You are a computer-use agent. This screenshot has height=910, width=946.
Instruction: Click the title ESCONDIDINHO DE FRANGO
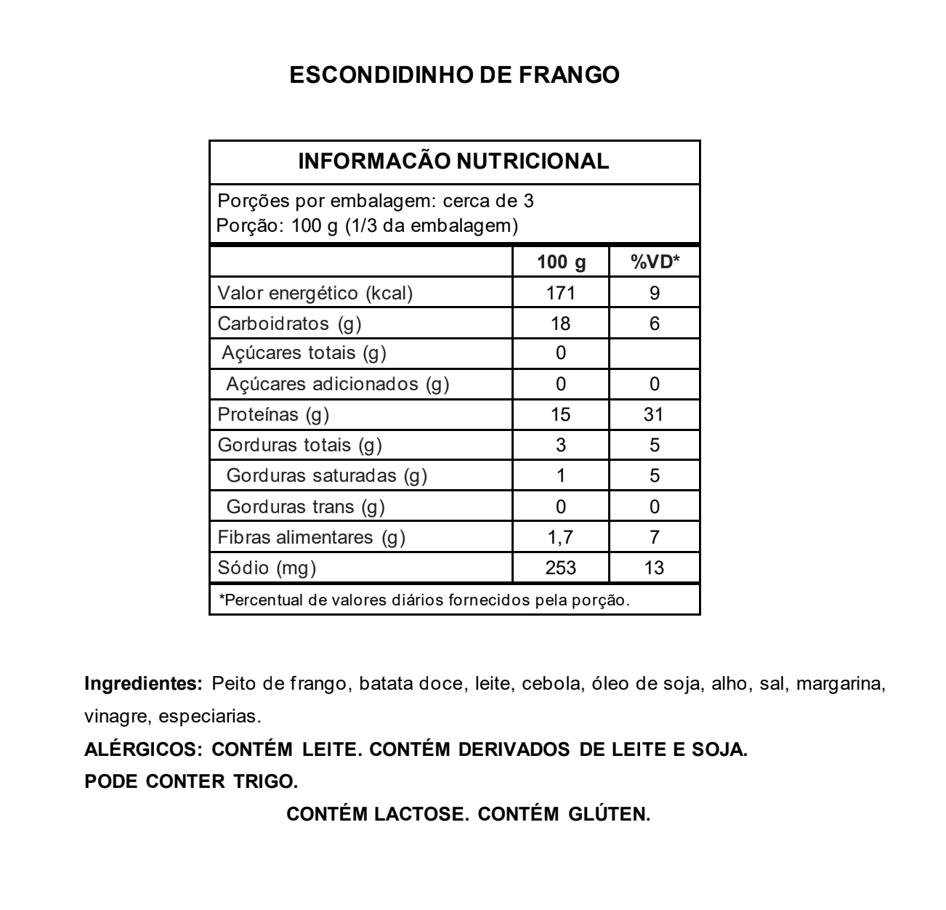pos(454,75)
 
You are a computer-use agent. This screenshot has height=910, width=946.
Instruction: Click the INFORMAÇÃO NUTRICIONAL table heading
pos(454,161)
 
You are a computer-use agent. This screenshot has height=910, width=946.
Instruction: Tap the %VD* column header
pos(654,262)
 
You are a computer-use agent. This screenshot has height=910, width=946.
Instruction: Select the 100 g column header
pos(561,262)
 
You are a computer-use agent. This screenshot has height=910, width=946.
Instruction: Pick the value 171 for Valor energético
pos(561,293)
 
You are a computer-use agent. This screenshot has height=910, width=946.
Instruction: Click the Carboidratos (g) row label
pos(289,323)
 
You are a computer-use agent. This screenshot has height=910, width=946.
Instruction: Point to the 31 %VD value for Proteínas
pos(654,414)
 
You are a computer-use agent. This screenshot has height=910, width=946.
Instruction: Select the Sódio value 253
pos(561,568)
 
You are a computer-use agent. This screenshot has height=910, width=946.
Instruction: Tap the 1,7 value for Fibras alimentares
pos(561,537)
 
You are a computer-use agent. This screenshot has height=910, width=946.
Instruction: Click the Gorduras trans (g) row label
pos(305,507)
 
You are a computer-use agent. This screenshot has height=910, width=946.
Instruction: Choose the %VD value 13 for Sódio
pos(654,568)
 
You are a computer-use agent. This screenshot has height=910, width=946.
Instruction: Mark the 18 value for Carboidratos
pos(561,323)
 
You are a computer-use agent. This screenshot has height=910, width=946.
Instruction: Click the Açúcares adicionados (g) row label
pos(337,384)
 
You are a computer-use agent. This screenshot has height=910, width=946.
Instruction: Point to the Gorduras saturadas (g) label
pos(326,476)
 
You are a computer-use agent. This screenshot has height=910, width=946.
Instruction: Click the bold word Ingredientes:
pos(143,684)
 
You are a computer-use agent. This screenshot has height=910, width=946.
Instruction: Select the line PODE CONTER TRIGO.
pos(191,781)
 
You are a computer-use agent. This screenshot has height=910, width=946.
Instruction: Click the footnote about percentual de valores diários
pos(424,600)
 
